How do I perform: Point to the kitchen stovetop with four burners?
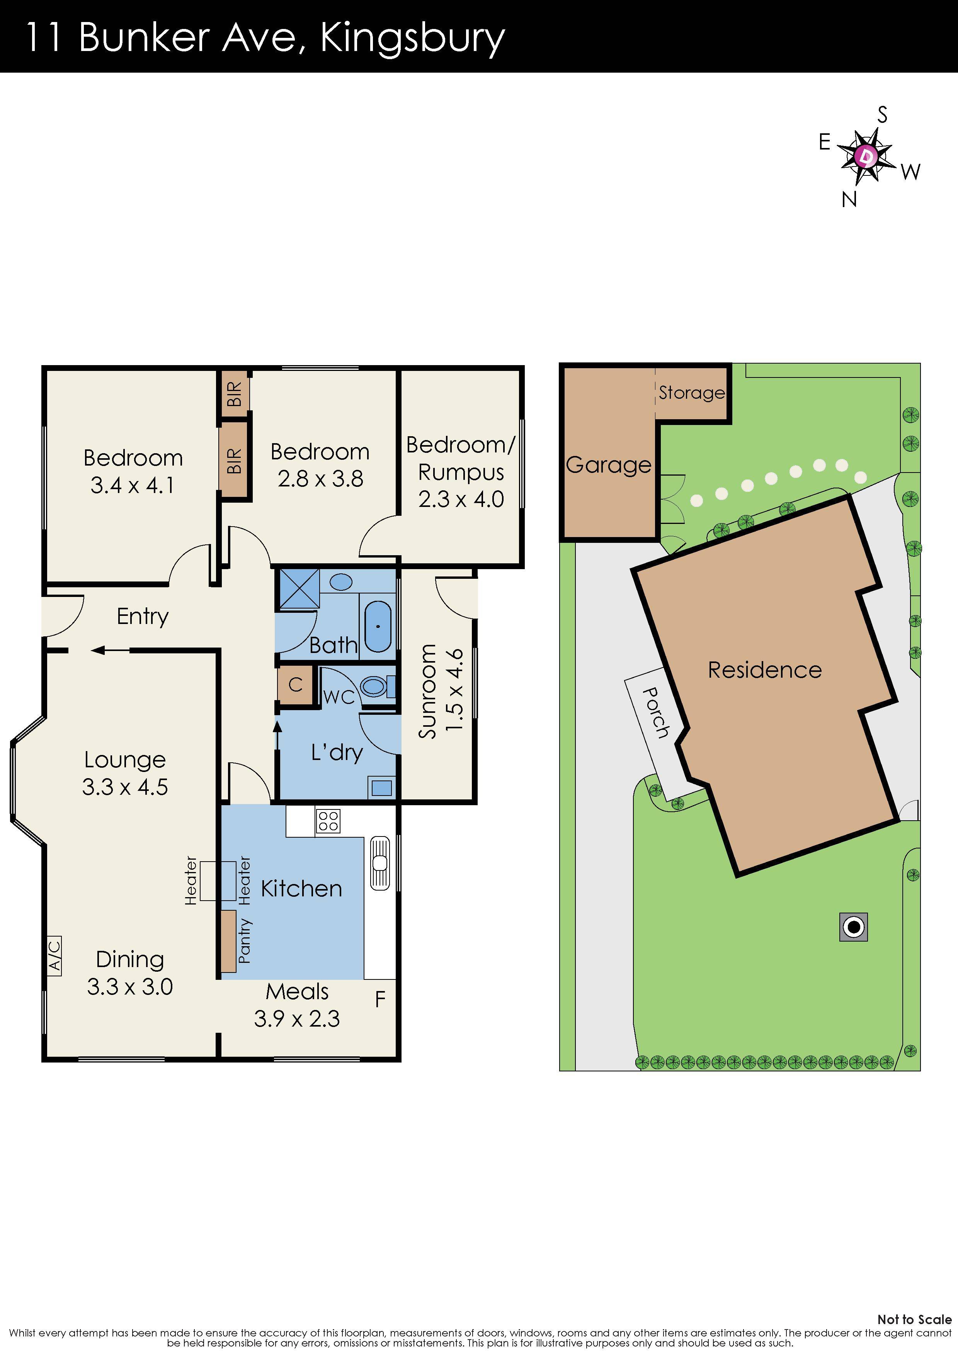coord(328,820)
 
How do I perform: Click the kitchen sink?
coord(379,864)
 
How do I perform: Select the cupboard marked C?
coord(295,685)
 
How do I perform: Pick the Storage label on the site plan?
coord(691,393)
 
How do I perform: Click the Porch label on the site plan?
coord(655,712)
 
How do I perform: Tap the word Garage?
coord(608,465)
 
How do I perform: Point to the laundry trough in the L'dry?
coord(382,787)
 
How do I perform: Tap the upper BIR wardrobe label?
coord(234,394)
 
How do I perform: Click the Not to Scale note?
coord(914,1319)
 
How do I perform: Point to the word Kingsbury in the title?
coord(412,38)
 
